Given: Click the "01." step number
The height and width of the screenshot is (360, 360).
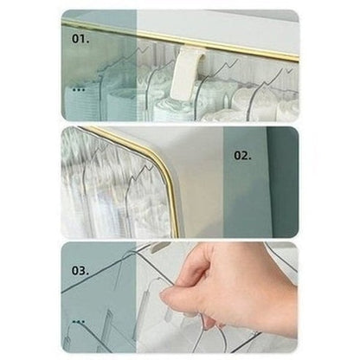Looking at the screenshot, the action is coord(80,39).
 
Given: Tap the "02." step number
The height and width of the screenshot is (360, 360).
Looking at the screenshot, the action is coord(242,156).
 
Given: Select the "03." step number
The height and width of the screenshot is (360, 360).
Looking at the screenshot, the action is coord(80,271).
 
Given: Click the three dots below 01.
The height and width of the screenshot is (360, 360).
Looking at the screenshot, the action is coord(79,90).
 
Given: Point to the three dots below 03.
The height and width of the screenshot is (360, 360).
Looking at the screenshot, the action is coord(79,321).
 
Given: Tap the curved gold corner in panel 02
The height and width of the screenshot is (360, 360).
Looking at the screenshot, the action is coord(162,162).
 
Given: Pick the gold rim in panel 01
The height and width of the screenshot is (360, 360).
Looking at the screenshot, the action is coord(180,39).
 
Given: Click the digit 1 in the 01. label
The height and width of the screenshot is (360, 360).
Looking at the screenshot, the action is coord(83,39).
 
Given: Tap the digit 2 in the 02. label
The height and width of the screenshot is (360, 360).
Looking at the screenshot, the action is coord(245,156).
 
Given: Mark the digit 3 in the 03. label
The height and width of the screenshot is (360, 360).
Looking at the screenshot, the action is coord(83,271).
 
